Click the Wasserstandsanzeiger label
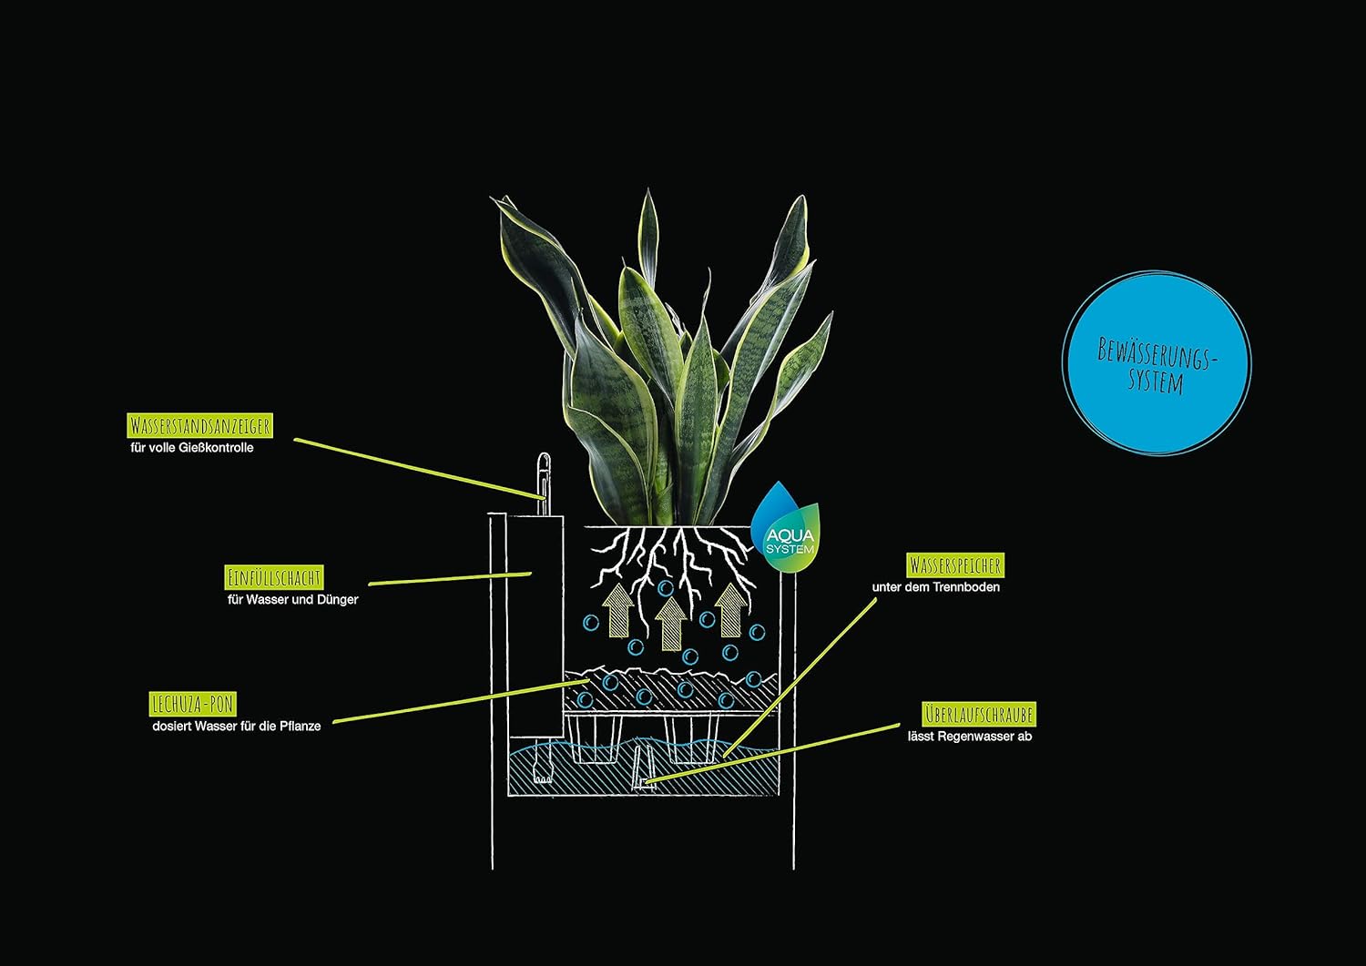click(x=200, y=426)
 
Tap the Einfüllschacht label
click(x=274, y=577)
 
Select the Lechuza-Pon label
click(x=193, y=704)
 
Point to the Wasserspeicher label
click(x=955, y=565)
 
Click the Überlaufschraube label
click(x=979, y=714)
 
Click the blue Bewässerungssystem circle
click(x=1157, y=363)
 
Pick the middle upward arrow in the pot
click(x=671, y=622)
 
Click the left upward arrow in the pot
click(x=617, y=610)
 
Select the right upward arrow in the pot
click(x=731, y=610)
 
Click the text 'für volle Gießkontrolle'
click(x=192, y=448)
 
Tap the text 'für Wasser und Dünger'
click(x=292, y=599)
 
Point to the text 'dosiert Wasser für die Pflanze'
click(x=237, y=727)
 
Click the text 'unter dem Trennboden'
click(x=936, y=587)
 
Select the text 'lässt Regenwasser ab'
click(x=970, y=736)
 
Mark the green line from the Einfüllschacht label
click(x=450, y=578)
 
